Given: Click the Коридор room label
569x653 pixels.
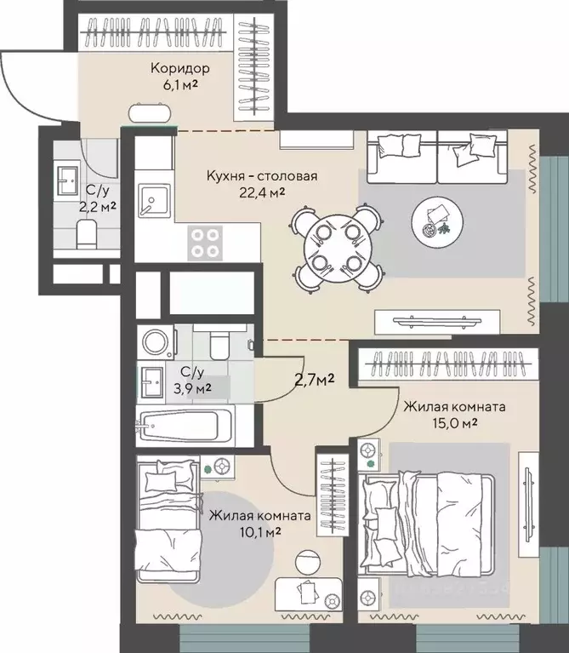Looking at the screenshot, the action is (179, 68).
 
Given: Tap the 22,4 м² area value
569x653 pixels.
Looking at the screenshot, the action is (262, 192).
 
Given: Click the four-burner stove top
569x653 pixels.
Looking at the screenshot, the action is (205, 243).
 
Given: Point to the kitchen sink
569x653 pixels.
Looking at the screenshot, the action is (154, 202).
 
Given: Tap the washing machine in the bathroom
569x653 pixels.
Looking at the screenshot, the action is (156, 342).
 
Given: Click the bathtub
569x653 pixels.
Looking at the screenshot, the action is (185, 425).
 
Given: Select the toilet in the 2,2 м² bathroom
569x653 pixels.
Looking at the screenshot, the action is (87, 234).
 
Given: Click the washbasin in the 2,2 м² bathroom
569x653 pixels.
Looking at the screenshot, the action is (67, 181).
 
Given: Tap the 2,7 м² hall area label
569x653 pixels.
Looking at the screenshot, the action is (315, 380).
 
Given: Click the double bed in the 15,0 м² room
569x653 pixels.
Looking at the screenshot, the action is (427, 524).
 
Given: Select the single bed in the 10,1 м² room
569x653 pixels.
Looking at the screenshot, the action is (169, 520).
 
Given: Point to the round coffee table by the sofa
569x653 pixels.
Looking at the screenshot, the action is (437, 223).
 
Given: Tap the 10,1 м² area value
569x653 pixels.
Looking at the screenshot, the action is (259, 532).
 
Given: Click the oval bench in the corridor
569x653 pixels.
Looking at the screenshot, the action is (150, 112).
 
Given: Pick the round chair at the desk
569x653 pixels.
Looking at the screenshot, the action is (308, 562).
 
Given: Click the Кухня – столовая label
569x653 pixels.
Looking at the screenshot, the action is (262, 175).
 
